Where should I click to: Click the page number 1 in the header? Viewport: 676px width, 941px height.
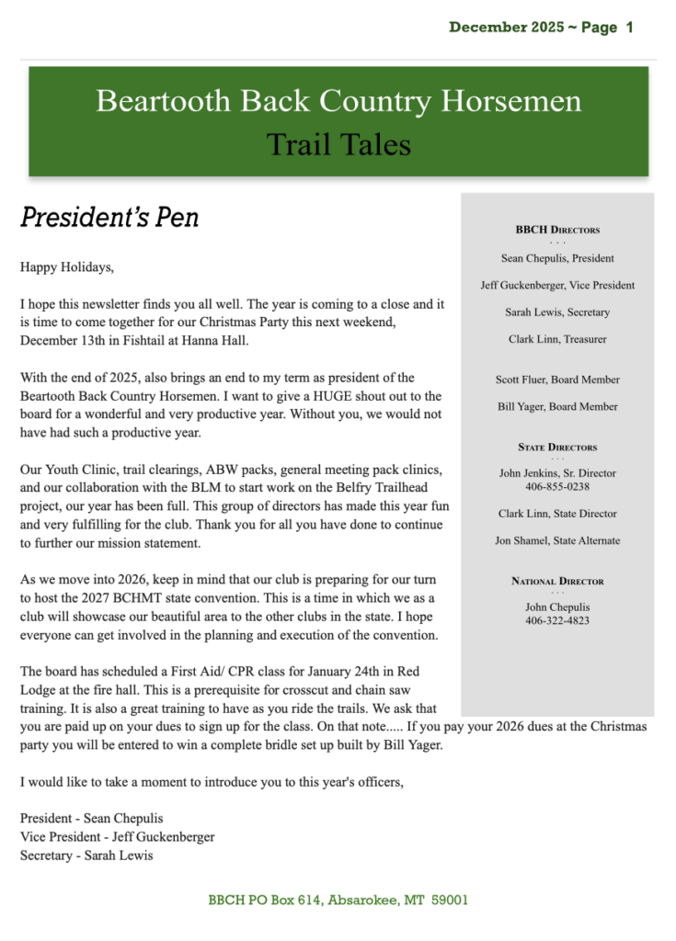629,28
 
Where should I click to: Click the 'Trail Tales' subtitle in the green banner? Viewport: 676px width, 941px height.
338,143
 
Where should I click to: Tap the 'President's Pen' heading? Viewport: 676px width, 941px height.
109,218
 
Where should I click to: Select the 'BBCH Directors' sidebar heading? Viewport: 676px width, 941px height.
557,230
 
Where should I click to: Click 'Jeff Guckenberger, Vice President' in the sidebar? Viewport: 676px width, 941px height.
557,286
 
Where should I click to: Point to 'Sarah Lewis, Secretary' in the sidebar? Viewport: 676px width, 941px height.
557,312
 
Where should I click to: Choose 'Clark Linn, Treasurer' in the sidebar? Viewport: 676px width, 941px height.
557,340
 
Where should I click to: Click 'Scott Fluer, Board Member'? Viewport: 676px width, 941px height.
557,380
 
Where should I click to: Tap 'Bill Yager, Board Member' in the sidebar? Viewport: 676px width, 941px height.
557,407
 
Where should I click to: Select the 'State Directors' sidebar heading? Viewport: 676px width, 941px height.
557,448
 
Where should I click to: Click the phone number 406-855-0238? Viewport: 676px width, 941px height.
557,487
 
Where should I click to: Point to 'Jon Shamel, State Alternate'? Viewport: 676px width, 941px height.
557,541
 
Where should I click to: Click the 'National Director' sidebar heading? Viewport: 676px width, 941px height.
557,582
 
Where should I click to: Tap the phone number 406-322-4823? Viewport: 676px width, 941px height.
557,621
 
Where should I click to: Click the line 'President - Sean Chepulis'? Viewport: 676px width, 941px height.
91,819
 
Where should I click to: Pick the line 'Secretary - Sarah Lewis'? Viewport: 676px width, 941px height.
86,856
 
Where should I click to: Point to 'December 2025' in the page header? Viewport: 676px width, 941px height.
507,28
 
